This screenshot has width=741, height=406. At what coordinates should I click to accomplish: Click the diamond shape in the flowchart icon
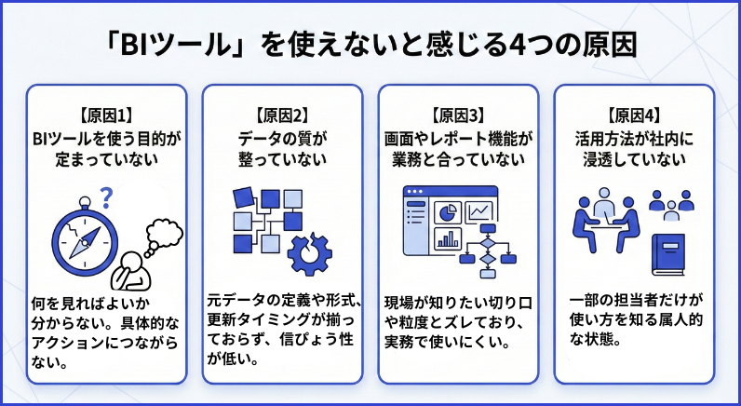[x=487, y=246]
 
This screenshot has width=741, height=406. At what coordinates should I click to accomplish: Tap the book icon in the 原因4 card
[x=668, y=252]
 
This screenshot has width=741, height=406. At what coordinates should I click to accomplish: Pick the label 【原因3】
[x=458, y=116]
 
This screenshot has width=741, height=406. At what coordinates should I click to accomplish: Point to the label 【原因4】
[x=632, y=116]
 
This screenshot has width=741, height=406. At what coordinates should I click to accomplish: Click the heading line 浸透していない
[x=632, y=159]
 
